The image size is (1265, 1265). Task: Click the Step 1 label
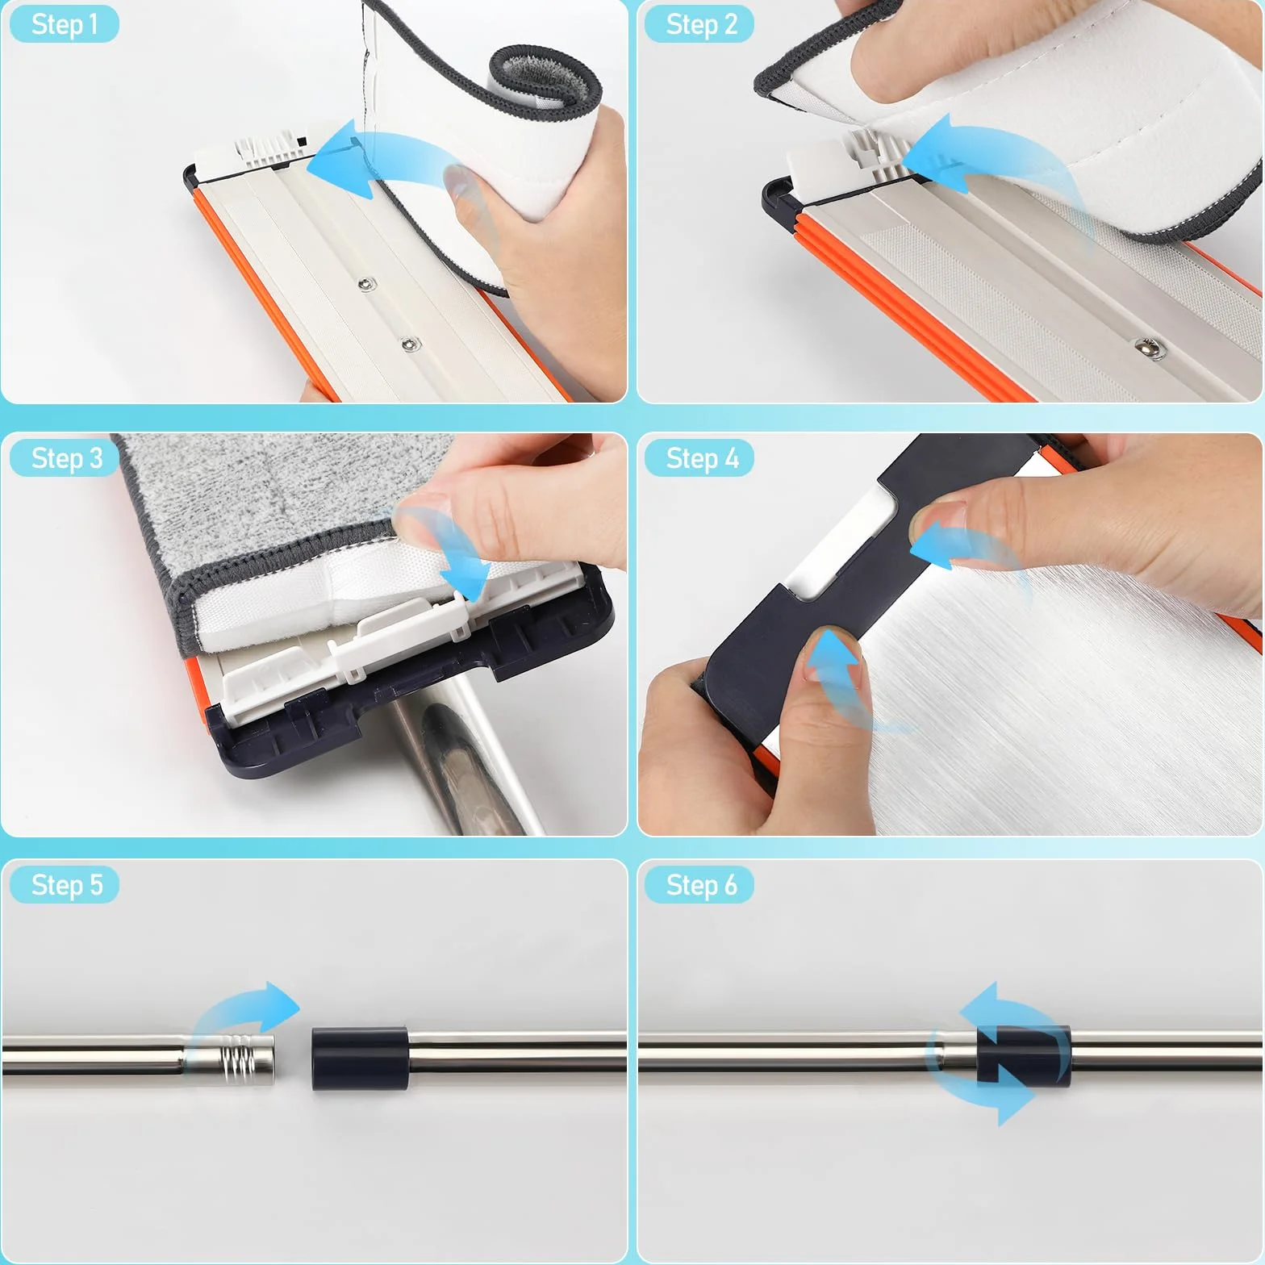pyautogui.click(x=65, y=24)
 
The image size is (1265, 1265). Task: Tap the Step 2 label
pyautogui.click(x=700, y=24)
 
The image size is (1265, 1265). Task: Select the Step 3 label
pyautogui.click(x=65, y=458)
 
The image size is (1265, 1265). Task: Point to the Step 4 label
pyautogui.click(x=700, y=458)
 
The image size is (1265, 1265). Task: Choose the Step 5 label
pyautogui.click(x=65, y=885)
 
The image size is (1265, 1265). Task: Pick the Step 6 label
pyautogui.click(x=700, y=885)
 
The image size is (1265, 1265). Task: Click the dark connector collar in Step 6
pyautogui.click(x=1023, y=1057)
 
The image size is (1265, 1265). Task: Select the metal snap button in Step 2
pyautogui.click(x=1144, y=347)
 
